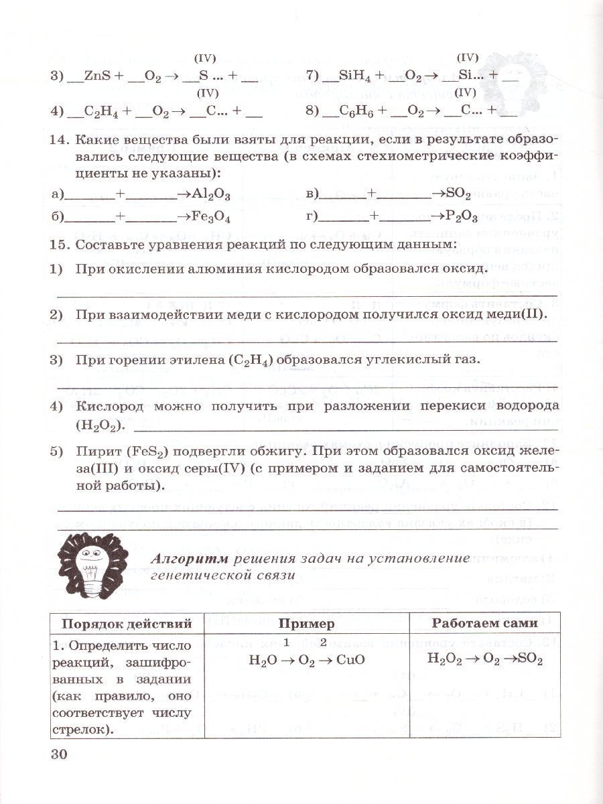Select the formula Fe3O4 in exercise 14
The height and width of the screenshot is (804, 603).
coord(212,217)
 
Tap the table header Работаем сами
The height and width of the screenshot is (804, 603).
coord(484,623)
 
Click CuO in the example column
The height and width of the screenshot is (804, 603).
coord(351,659)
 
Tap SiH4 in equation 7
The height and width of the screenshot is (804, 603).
coord(352,76)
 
